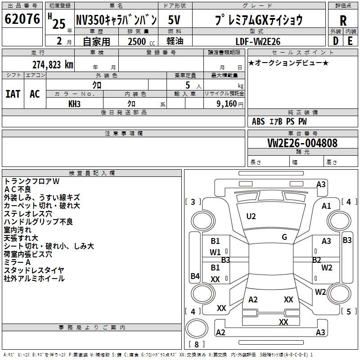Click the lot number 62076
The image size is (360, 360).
point(22,20)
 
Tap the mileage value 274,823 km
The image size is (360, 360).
point(53,64)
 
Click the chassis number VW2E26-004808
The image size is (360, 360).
point(302,143)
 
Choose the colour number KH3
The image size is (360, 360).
point(75,103)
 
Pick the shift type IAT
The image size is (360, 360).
point(13,94)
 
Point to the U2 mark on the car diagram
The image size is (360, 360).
point(251,216)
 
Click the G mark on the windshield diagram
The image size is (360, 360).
point(284,237)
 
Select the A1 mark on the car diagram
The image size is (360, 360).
point(326,206)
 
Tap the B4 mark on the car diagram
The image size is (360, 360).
point(195,276)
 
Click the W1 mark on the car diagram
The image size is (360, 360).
point(216,252)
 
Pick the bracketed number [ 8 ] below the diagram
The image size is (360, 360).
point(196,345)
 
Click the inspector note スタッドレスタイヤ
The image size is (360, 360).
point(34,270)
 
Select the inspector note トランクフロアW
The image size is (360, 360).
point(31,181)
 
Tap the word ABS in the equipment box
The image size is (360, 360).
point(258,121)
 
